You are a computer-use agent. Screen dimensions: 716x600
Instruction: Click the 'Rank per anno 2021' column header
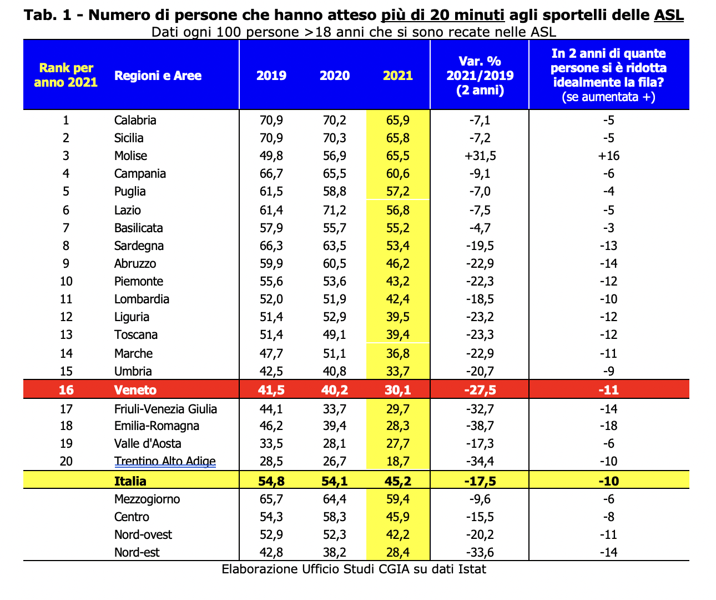pyautogui.click(x=65, y=75)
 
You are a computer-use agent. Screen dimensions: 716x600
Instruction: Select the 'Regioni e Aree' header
pyautogui.click(x=158, y=76)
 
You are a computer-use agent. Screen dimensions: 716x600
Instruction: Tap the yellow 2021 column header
pyautogui.click(x=398, y=76)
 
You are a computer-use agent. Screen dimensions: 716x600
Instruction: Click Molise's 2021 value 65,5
pyautogui.click(x=398, y=156)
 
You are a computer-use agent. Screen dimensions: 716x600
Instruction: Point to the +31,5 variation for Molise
pyautogui.click(x=480, y=156)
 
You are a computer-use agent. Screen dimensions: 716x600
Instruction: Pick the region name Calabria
pyautogui.click(x=135, y=120)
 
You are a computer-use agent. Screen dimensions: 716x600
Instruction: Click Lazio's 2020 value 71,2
pyautogui.click(x=334, y=210)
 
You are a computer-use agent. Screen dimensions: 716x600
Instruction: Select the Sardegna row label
pyautogui.click(x=139, y=246)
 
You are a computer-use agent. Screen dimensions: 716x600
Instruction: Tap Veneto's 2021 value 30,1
pyautogui.click(x=398, y=390)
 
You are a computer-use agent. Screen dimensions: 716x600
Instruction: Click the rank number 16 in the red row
pyautogui.click(x=66, y=390)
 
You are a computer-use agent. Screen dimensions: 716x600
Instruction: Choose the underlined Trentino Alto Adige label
pyautogui.click(x=165, y=461)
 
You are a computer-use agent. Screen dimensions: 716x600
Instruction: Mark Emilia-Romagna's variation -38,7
pyautogui.click(x=480, y=426)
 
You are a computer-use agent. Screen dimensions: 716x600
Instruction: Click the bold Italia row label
pyautogui.click(x=130, y=481)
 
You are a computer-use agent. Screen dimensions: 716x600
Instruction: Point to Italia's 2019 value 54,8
pyautogui.click(x=271, y=481)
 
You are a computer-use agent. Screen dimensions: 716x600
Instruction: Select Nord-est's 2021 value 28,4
pyautogui.click(x=398, y=552)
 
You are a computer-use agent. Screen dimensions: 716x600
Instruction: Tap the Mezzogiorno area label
pyautogui.click(x=147, y=499)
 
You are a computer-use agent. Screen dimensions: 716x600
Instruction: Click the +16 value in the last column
pyautogui.click(x=609, y=156)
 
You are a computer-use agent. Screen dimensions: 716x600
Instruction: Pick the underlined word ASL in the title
pyautogui.click(x=669, y=15)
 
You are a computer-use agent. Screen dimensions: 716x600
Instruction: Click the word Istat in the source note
pyautogui.click(x=471, y=569)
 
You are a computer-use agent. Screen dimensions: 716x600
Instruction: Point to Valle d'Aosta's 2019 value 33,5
pyautogui.click(x=271, y=443)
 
